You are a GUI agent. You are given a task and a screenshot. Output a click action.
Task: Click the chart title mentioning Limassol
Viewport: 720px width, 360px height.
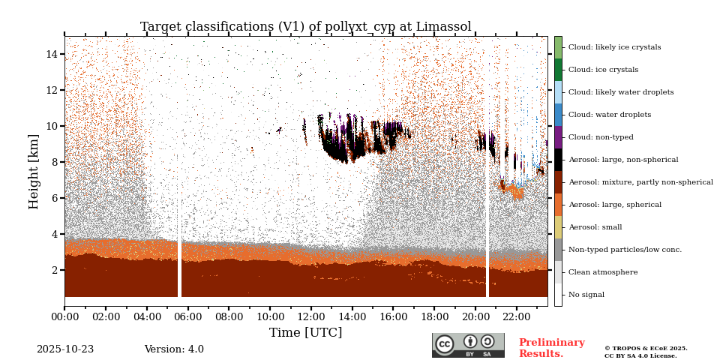(305, 27)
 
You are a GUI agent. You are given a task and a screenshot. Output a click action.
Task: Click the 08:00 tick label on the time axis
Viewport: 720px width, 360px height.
(229, 317)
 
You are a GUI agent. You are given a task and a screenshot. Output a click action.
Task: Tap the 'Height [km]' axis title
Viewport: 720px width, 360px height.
(34, 171)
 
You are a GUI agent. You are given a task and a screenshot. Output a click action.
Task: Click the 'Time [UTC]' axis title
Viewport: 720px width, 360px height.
(305, 333)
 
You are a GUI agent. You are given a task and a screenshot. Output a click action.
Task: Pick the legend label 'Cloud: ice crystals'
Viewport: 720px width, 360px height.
(603, 70)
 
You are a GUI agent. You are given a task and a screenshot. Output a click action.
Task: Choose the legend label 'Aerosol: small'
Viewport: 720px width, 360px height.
(595, 227)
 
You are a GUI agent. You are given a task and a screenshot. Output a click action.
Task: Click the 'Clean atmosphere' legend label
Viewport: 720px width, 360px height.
(603, 272)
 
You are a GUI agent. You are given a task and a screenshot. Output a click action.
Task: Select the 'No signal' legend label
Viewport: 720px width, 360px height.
(586, 295)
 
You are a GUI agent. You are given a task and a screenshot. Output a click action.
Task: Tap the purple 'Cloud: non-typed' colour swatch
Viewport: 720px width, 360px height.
(558, 137)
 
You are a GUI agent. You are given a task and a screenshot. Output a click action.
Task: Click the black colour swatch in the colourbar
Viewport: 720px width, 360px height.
(558, 160)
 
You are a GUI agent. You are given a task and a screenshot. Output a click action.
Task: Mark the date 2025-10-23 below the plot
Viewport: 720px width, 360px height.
(65, 349)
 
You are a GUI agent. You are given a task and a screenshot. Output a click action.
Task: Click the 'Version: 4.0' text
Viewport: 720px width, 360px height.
(174, 349)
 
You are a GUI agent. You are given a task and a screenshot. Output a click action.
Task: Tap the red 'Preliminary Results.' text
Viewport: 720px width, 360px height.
(551, 348)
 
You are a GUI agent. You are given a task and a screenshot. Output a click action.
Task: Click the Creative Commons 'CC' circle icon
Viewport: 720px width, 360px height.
(445, 344)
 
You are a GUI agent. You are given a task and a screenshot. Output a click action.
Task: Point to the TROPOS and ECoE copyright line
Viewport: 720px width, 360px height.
(646, 348)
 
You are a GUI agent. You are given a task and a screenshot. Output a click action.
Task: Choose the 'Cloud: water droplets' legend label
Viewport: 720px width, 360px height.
(610, 115)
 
